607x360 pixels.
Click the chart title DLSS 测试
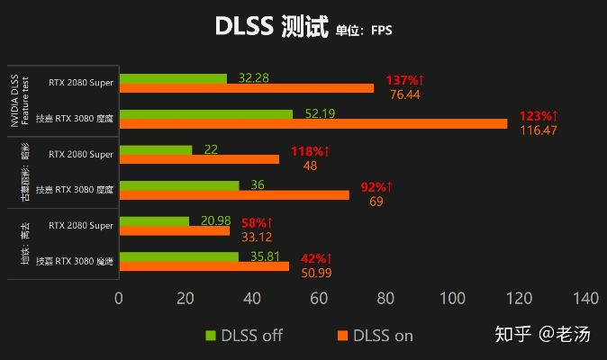264,27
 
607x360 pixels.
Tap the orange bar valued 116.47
313,123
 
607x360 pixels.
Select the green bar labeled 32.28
173,78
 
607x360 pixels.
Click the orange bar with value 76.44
246,88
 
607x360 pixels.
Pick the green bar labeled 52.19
205,114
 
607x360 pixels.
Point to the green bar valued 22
155,149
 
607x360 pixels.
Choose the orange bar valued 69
233,194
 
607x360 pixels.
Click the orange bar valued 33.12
174,230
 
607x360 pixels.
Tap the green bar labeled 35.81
178,256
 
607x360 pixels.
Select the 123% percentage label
539,116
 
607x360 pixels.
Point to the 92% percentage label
377,187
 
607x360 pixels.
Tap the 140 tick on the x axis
585,298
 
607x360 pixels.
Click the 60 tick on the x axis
319,298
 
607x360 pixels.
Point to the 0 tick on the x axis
119,298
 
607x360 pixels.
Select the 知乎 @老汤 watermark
545,335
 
